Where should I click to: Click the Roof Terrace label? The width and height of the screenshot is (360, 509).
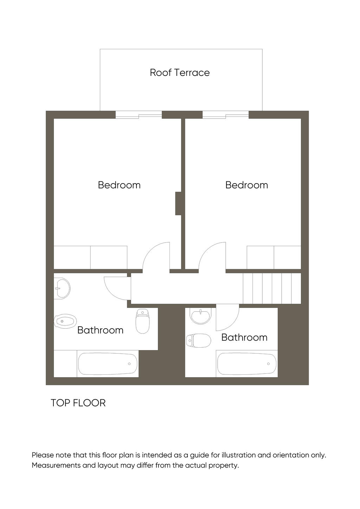(x=180, y=73)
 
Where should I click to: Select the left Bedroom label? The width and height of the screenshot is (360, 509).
(x=119, y=185)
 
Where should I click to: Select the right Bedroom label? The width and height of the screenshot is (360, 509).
(x=246, y=185)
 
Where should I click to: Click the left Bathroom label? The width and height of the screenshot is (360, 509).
(x=100, y=330)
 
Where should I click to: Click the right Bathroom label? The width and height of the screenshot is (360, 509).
(x=244, y=337)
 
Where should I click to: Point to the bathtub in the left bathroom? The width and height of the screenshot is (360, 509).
(x=108, y=363)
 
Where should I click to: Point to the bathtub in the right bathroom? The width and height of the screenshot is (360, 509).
(x=247, y=363)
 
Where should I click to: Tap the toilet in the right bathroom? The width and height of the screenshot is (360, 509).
(x=199, y=340)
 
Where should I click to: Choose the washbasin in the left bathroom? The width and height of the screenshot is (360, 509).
(x=62, y=288)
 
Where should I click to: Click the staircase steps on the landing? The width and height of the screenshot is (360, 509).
(x=272, y=288)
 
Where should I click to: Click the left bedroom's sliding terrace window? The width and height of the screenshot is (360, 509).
(x=139, y=115)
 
